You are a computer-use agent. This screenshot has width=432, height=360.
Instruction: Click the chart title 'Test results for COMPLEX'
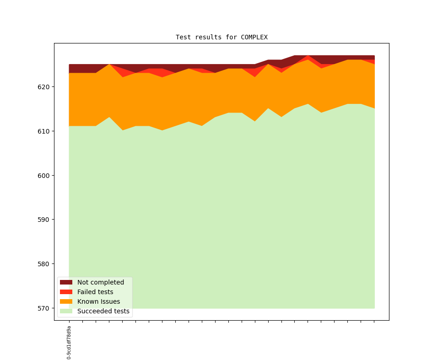click(x=221, y=37)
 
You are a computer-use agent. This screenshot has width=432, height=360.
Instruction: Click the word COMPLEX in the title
click(x=254, y=37)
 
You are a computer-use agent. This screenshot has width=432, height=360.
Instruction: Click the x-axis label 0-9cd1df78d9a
click(x=69, y=343)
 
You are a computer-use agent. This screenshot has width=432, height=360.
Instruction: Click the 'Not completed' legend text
click(x=101, y=282)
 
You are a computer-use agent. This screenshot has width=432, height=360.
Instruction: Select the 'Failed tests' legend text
click(x=95, y=292)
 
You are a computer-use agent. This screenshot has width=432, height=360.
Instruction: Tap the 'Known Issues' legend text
click(x=98, y=301)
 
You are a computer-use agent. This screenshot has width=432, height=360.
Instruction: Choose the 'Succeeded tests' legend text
click(x=103, y=311)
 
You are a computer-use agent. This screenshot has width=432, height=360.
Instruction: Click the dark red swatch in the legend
click(x=66, y=282)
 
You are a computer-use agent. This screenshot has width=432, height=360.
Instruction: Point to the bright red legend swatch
click(x=66, y=292)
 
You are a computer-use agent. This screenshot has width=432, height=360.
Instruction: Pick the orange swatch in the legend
click(x=66, y=301)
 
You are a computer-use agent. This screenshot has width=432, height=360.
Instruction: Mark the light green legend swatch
click(x=66, y=311)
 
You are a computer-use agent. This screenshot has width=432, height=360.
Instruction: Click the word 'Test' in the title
click(x=183, y=37)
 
